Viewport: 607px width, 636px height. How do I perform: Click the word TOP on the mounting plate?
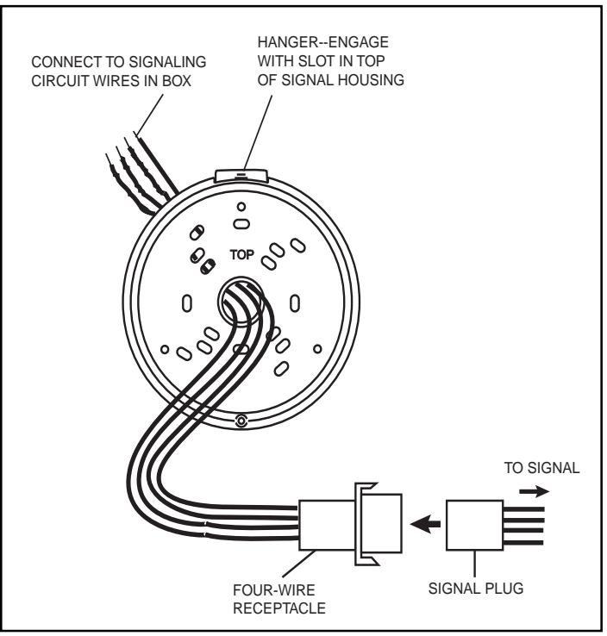(241, 255)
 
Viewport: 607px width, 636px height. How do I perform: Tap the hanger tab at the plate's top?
(241, 175)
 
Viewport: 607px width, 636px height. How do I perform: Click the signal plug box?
(474, 526)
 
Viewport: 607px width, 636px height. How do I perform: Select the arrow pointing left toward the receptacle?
(425, 524)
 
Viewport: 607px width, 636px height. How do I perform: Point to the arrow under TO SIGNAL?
(534, 491)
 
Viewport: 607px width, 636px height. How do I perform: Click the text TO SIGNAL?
(541, 468)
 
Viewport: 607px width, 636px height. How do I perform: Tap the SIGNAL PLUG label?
(476, 588)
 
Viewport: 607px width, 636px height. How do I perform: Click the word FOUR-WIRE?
(274, 589)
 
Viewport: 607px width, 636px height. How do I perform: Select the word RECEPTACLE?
(279, 608)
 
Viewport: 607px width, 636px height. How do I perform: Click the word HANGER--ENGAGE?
(323, 42)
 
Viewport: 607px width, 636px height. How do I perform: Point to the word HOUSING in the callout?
(372, 80)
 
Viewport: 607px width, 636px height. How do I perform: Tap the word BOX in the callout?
(177, 81)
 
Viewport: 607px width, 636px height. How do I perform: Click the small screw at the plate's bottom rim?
(241, 421)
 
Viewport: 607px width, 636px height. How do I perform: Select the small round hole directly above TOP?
(241, 207)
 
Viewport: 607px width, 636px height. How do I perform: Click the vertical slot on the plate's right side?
(295, 303)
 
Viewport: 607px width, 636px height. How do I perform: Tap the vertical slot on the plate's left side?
(186, 303)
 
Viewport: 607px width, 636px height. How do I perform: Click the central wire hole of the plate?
(241, 301)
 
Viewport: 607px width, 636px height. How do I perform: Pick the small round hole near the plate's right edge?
(317, 349)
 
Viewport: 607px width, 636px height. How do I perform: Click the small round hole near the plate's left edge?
(165, 349)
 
